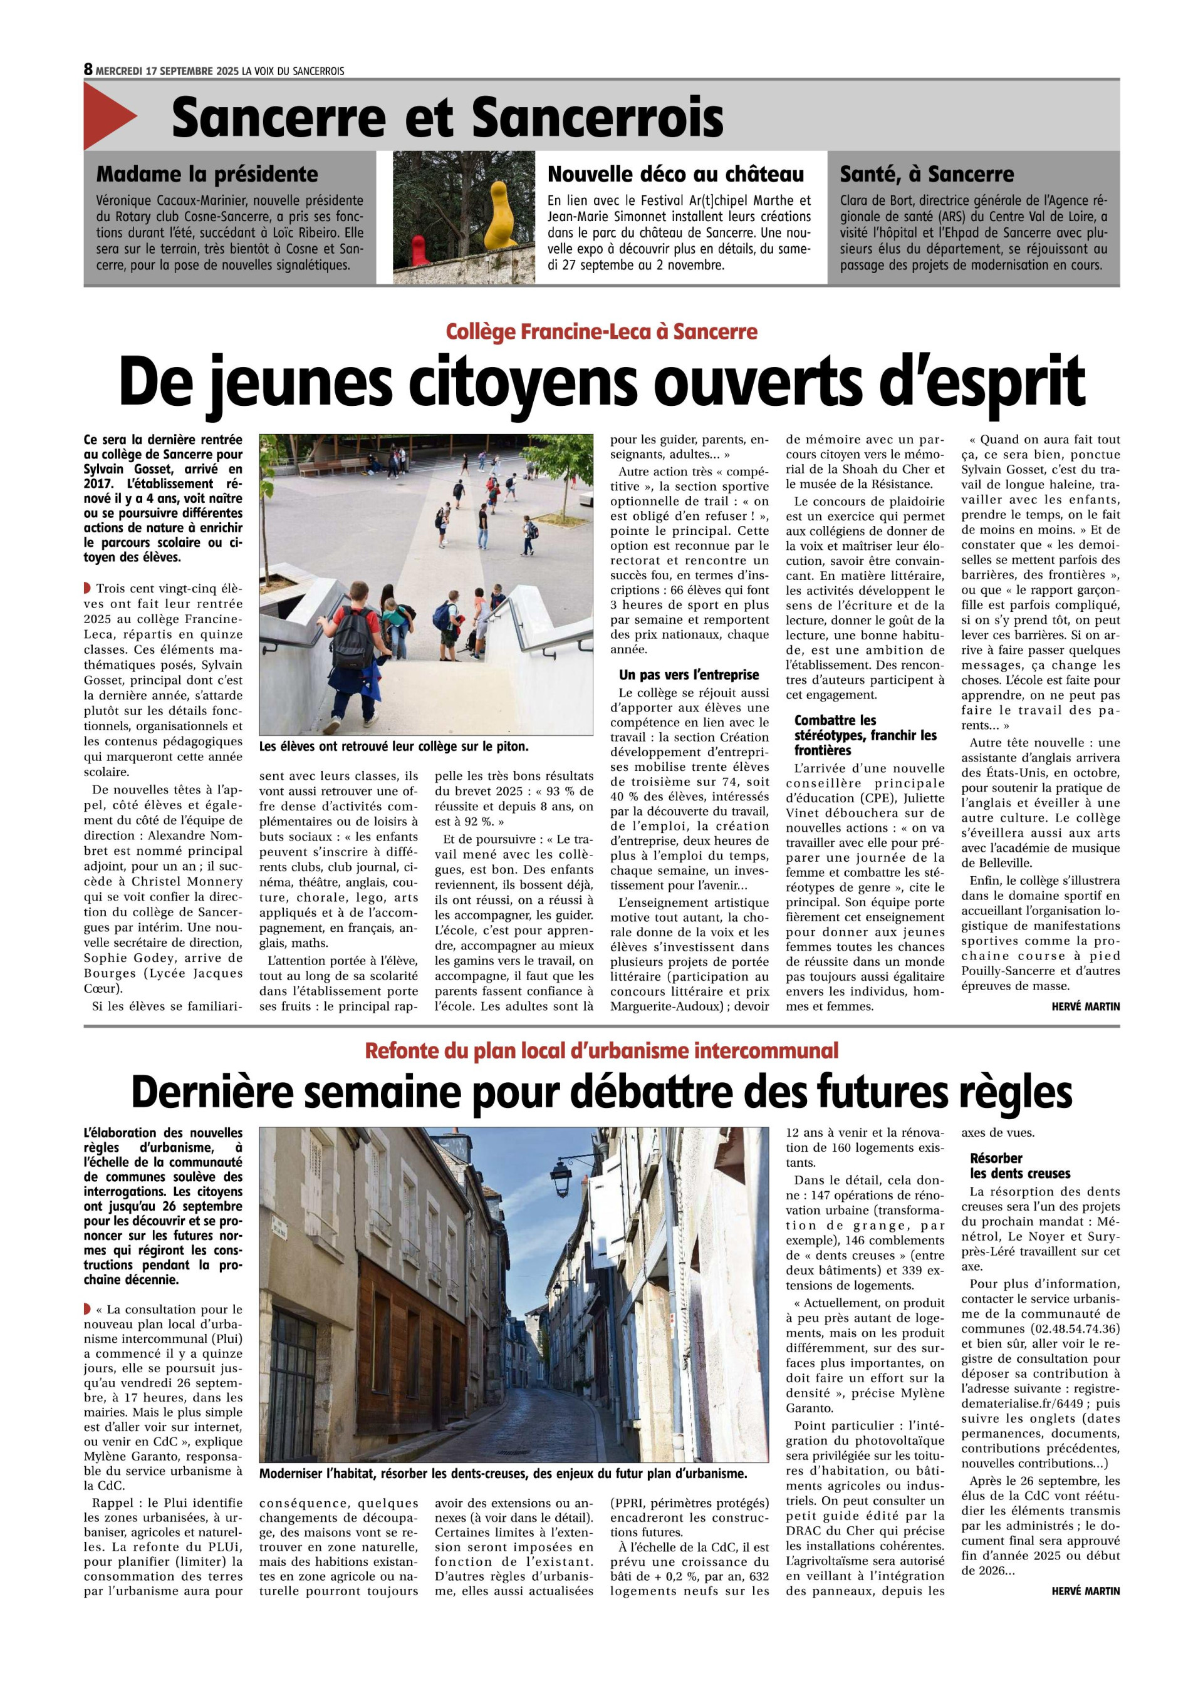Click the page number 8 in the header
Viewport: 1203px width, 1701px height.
[88, 70]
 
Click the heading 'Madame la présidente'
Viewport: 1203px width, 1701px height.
[207, 175]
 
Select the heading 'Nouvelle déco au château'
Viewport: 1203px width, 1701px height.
[675, 175]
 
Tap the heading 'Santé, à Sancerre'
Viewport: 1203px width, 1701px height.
[926, 175]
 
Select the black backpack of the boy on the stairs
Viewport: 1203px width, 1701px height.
[352, 637]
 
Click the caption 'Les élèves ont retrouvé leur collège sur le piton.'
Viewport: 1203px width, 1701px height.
[393, 747]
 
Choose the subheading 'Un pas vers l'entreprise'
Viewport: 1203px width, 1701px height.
[689, 675]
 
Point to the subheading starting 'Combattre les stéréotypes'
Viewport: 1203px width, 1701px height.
[865, 735]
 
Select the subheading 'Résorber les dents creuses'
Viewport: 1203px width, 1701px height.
[1019, 1166]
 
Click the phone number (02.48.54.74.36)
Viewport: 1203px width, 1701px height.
[1075, 1328]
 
